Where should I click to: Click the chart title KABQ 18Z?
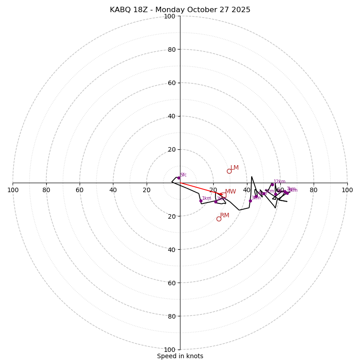[180, 10]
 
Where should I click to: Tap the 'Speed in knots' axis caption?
[180, 356]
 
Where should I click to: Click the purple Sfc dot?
[178, 178]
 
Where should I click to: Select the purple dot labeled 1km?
[201, 201]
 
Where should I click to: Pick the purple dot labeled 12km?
[272, 184]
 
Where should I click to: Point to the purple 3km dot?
[250, 201]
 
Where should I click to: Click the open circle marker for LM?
[229, 171]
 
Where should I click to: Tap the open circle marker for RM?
[219, 219]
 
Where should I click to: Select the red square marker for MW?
[224, 195]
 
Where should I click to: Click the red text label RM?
[225, 216]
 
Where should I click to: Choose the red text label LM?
[234, 168]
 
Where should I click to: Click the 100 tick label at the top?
[170, 16]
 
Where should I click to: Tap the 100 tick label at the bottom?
[170, 350]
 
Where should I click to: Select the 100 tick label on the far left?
[13, 190]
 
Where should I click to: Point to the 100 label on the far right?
[347, 190]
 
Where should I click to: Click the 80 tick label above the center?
[171, 49]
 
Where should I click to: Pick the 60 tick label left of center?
[80, 190]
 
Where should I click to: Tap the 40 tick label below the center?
[171, 249]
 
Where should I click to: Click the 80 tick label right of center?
[314, 190]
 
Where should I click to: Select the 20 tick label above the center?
[171, 149]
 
